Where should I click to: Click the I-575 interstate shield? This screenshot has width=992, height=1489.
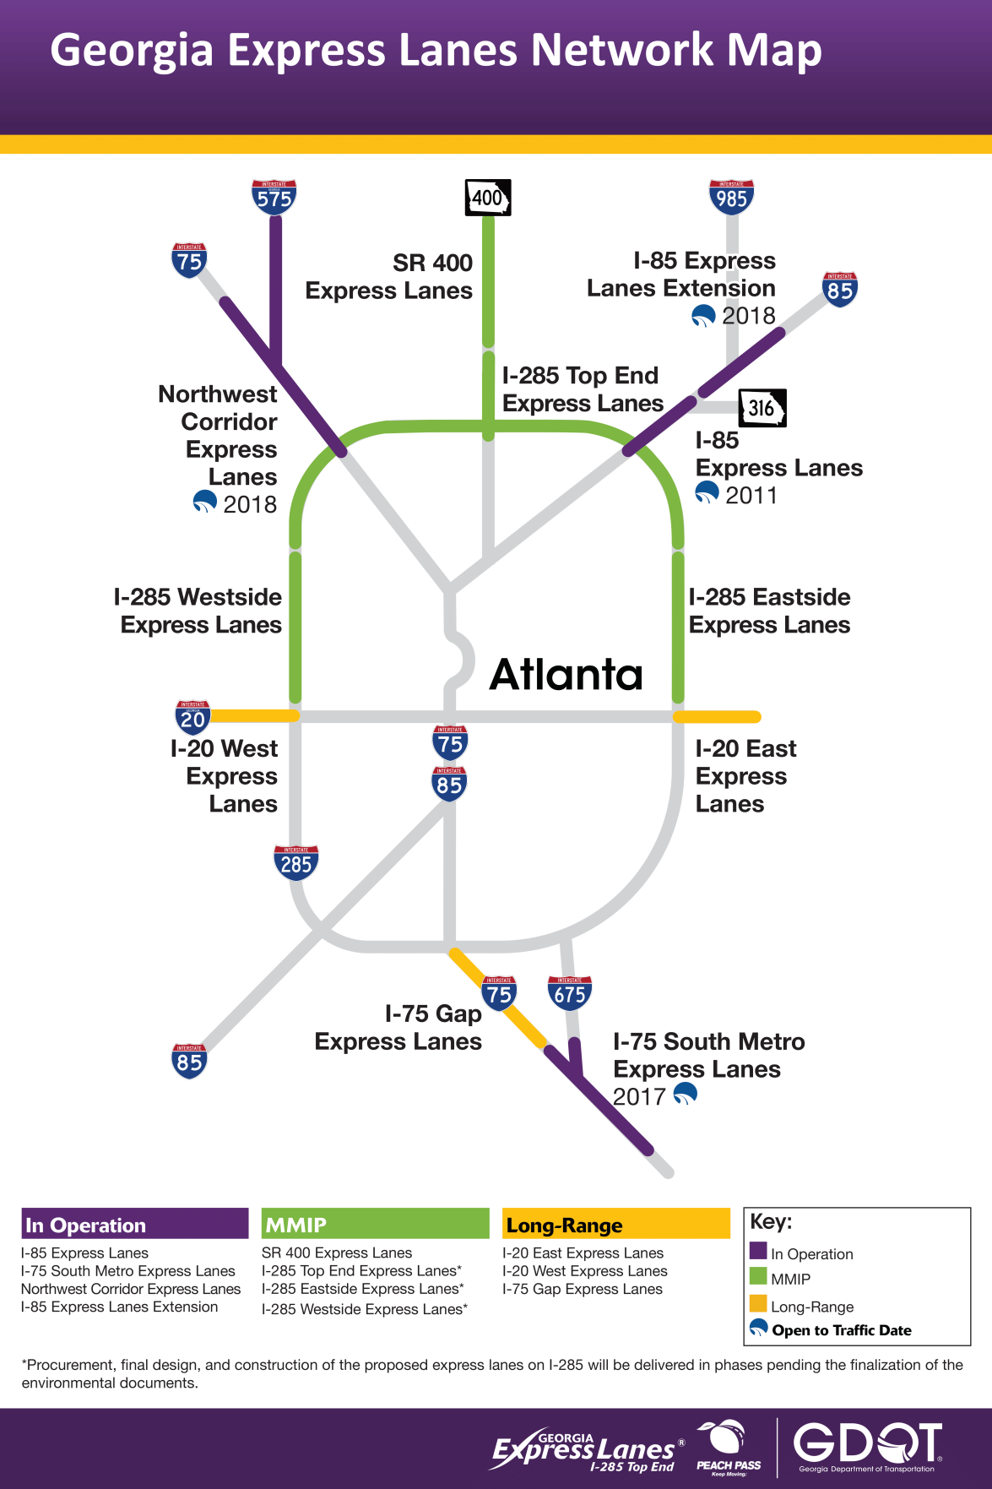[x=274, y=197]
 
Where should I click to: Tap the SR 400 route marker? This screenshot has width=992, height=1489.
[x=488, y=198]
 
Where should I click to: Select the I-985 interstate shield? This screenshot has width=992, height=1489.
[x=731, y=197]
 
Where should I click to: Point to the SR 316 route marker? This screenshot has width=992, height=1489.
[x=762, y=408]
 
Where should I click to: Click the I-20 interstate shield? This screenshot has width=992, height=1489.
[x=192, y=717]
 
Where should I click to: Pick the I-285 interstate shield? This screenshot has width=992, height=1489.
[x=295, y=862]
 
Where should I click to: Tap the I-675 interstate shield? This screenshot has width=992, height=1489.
[x=570, y=993]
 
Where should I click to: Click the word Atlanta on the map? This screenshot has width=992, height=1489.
[x=566, y=674]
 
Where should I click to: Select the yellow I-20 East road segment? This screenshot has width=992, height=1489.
[x=717, y=717]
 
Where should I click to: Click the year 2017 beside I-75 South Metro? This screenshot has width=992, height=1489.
[x=639, y=1096]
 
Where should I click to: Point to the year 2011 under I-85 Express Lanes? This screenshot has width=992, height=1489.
[x=751, y=495]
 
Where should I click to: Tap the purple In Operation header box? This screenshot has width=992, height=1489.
[x=135, y=1224]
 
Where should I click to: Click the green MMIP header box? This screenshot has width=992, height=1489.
[x=375, y=1224]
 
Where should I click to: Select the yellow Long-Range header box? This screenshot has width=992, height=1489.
[x=615, y=1224]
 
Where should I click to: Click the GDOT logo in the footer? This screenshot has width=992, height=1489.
[x=867, y=1445]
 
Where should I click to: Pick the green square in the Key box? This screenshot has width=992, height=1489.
[x=757, y=1276]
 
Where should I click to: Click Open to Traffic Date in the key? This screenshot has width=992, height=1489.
[x=841, y=1330]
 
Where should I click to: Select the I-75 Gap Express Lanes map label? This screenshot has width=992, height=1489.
[x=398, y=1027]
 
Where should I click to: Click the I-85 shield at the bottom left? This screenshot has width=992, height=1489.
[x=189, y=1061]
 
